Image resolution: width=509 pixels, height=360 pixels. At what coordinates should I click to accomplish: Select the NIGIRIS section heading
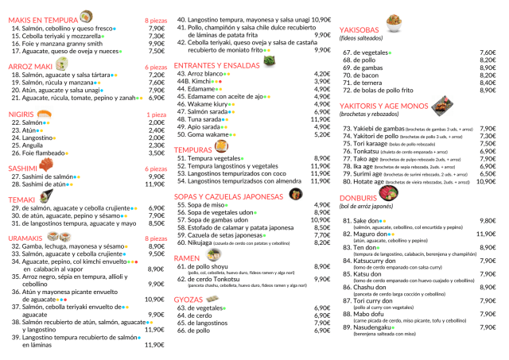pos(23,114)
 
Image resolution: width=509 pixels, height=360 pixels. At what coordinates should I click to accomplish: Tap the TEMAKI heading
pos(21,199)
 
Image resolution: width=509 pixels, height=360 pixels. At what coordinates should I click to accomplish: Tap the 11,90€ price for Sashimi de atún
pos(154,184)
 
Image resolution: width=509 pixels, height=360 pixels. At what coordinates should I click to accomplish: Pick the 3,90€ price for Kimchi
pos(322,81)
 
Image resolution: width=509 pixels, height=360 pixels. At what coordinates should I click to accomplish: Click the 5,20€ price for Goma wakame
pos(322,135)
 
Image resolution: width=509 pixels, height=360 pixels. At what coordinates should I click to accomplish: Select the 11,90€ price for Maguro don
pos(485,234)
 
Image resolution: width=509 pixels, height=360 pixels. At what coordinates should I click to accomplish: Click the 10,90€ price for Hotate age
pos(484,181)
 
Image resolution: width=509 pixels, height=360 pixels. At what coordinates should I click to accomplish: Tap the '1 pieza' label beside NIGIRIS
pos(155,114)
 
